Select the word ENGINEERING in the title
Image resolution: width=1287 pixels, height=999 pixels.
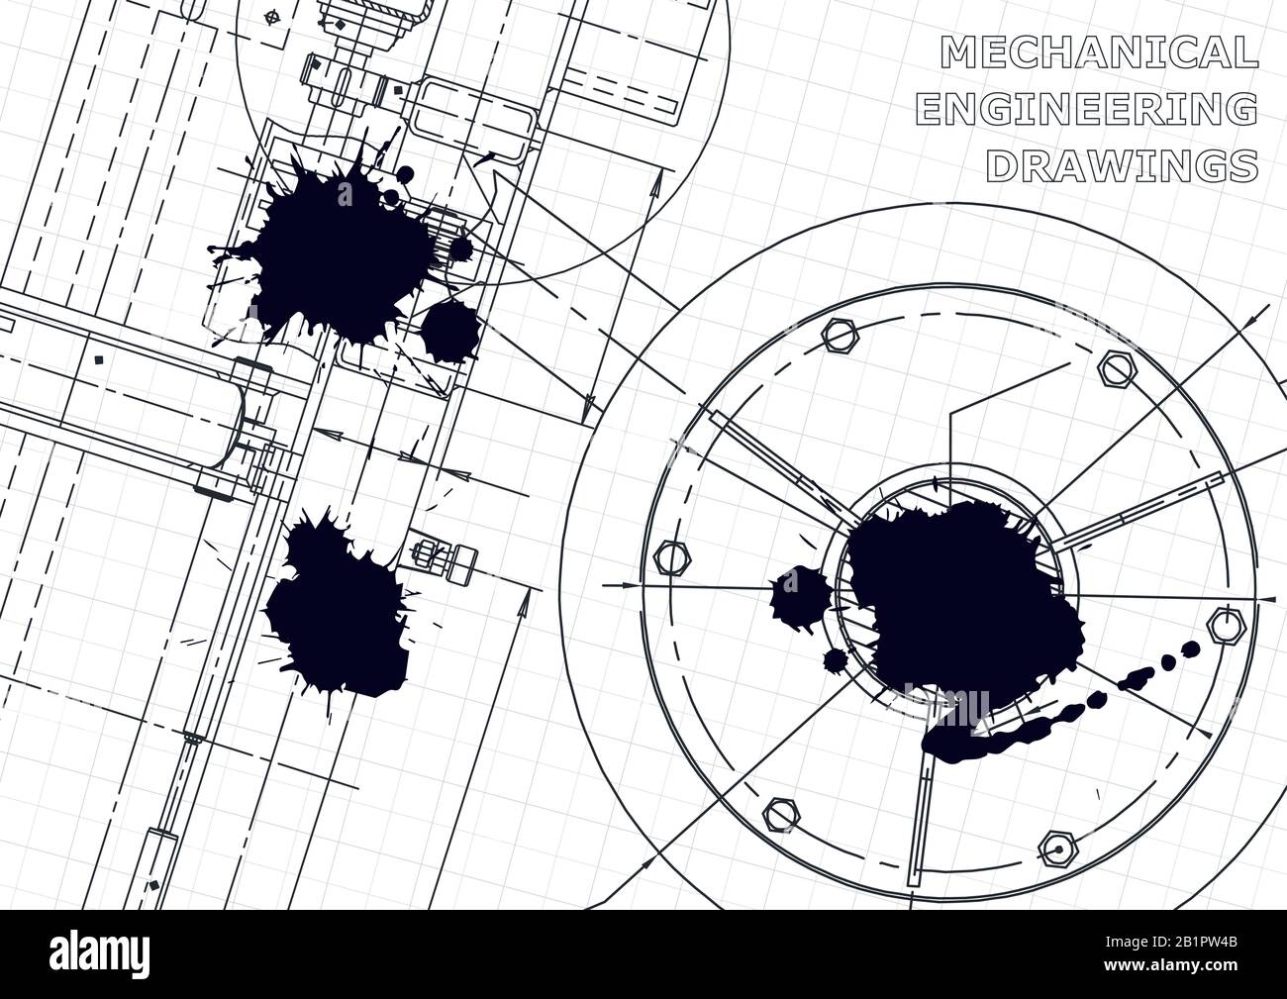point(1086,110)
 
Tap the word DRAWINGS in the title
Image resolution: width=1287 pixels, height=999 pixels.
point(1122,166)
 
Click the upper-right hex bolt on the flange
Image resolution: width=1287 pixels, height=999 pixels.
point(1116,370)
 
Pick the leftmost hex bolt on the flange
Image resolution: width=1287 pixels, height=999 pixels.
point(670,559)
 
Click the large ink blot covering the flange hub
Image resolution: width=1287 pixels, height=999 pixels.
point(955,594)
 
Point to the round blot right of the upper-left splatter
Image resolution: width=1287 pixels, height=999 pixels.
point(450,330)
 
